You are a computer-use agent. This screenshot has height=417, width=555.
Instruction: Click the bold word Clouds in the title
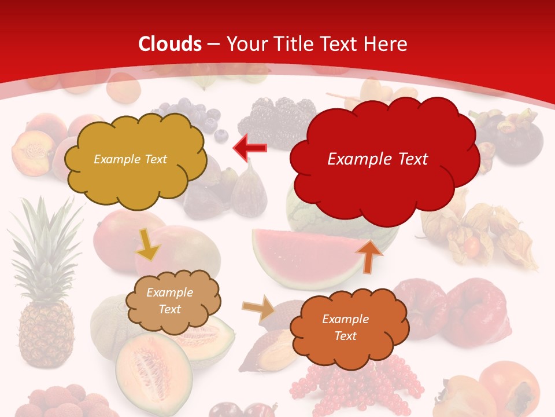click(x=170, y=44)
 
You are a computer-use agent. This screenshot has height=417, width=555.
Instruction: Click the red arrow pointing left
click(x=250, y=148)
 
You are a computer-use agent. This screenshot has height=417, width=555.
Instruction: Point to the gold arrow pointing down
click(x=147, y=244)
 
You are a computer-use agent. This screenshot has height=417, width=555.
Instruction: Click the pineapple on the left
click(x=45, y=301)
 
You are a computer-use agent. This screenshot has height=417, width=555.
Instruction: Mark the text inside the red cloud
click(x=378, y=159)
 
